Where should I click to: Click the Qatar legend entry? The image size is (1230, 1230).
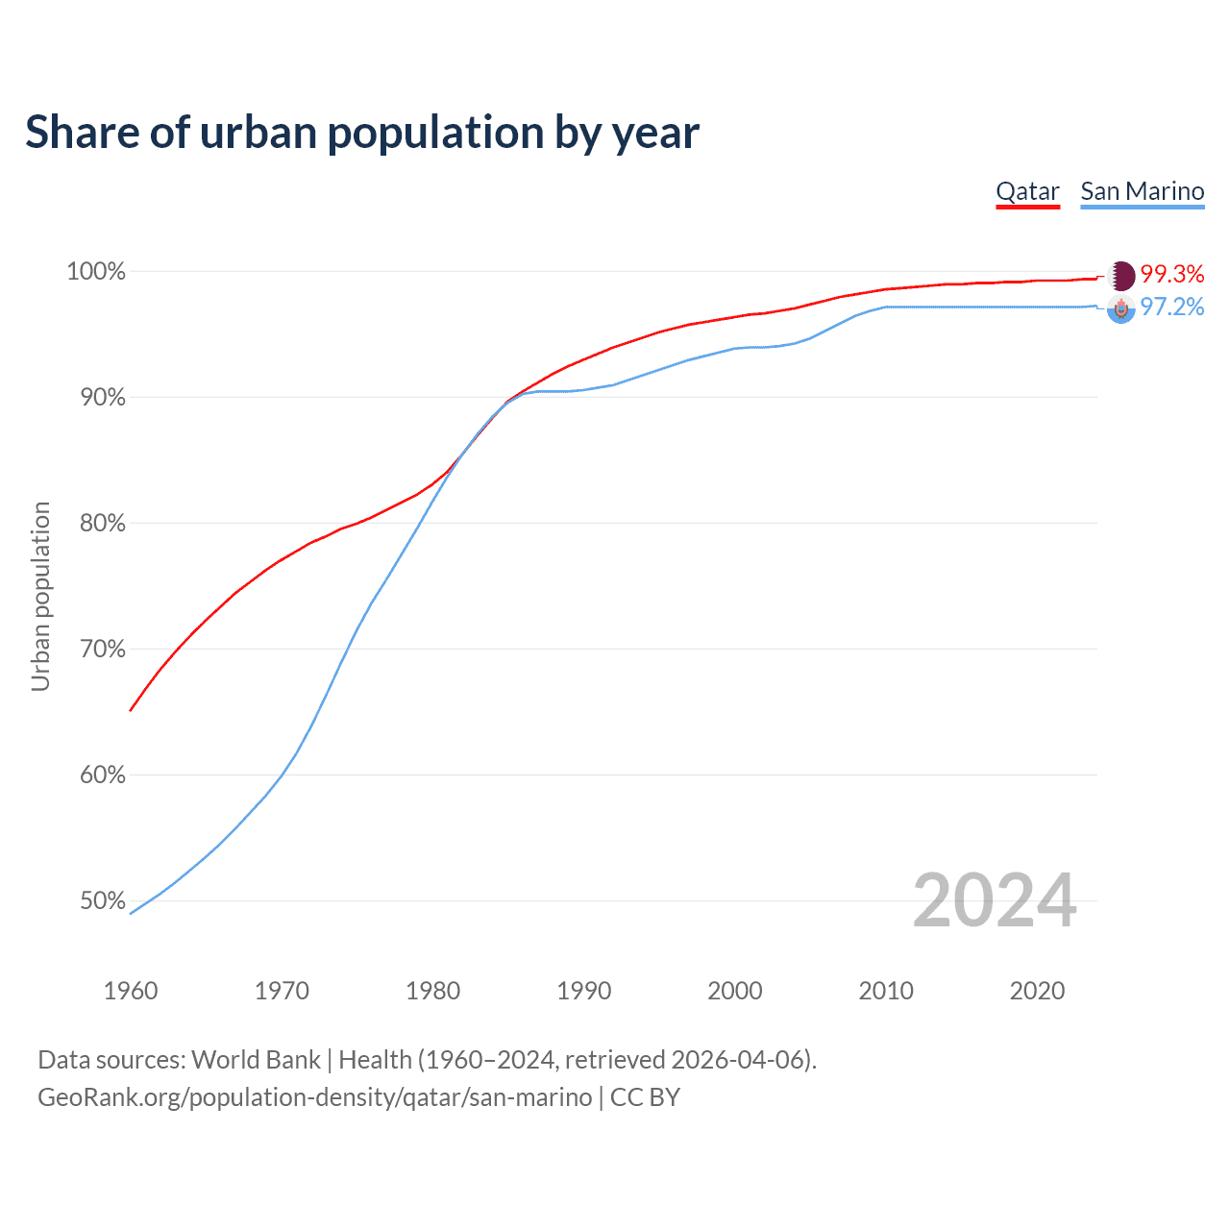(1027, 191)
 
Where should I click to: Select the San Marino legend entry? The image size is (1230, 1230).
(1142, 191)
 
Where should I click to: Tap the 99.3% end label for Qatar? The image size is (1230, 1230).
(1172, 275)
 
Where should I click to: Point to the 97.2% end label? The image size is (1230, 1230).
(1172, 307)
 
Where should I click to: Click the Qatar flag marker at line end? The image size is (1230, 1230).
(1121, 276)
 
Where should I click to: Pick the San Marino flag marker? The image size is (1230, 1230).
(1121, 308)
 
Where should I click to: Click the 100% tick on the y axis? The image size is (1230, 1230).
(96, 272)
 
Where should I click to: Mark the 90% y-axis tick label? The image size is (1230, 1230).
(102, 398)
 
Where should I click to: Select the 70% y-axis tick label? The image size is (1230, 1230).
(102, 650)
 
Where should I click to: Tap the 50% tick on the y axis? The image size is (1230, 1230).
(102, 901)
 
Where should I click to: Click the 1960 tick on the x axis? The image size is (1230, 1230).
(131, 991)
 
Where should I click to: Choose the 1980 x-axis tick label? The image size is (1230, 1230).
(433, 991)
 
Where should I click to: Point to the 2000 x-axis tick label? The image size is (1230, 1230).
(735, 991)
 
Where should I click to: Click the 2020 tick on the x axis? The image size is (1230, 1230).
(1037, 991)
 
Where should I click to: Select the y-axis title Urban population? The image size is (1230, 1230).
(40, 596)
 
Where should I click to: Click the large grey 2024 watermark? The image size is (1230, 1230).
(995, 901)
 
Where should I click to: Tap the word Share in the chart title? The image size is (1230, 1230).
(81, 133)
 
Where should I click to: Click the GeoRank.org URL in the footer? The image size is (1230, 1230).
(314, 1097)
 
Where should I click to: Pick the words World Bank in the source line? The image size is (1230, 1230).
(256, 1060)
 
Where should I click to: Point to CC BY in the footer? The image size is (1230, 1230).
(645, 1097)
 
